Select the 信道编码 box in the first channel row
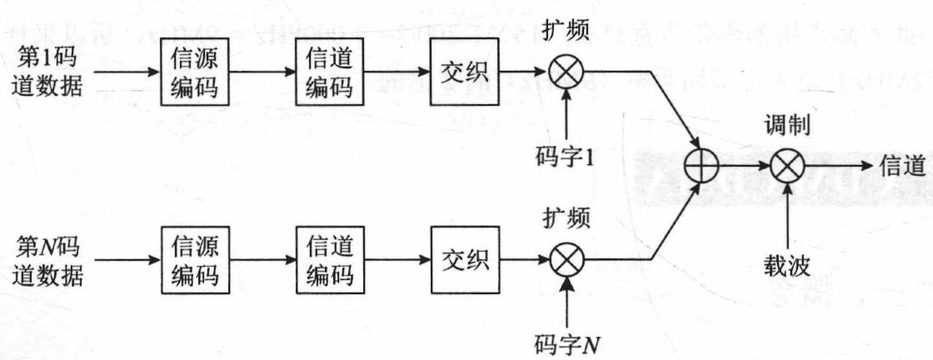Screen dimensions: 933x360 [329, 72]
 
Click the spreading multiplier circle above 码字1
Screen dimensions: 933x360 [567, 72]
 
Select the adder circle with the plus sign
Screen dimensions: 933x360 [702, 167]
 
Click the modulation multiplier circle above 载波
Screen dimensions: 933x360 [785, 167]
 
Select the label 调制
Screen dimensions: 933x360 [785, 122]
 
